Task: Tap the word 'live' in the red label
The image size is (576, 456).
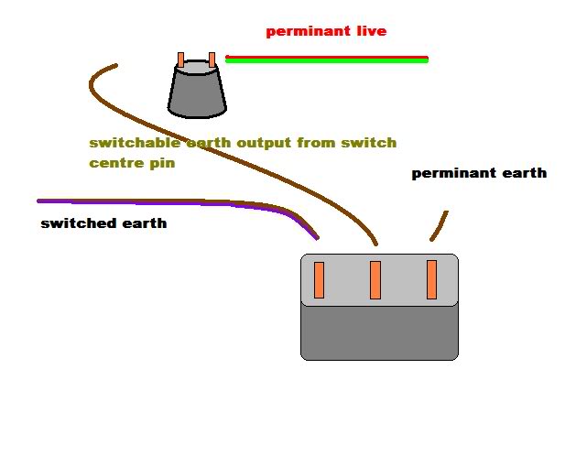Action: pos(368,32)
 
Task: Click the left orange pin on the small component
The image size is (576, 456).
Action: pos(181,61)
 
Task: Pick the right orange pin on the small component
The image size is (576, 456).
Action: pos(212,60)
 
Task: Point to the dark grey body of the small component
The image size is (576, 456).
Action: pos(197,92)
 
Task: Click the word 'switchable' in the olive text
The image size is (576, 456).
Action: pos(127,144)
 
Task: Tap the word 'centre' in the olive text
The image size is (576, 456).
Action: pos(115,164)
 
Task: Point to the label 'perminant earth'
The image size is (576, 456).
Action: pos(478,173)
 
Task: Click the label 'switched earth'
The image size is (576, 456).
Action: pos(103,223)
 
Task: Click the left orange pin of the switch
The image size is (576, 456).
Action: pos(320,280)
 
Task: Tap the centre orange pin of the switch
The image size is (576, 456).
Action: pos(375,280)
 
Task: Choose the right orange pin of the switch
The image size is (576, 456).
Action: pos(431,280)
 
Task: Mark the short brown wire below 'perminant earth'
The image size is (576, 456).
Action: pos(440,225)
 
